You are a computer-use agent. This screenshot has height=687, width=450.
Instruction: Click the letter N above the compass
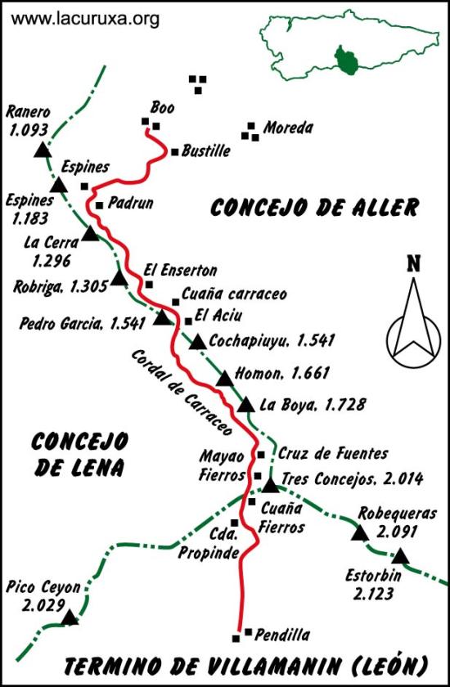click(x=413, y=263)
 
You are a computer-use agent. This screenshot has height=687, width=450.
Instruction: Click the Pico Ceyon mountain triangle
click(x=70, y=617)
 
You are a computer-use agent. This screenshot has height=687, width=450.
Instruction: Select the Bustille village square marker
click(x=174, y=151)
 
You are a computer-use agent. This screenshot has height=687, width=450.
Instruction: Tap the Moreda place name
click(x=288, y=128)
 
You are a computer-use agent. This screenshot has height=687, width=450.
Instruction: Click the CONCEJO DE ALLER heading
click(x=314, y=208)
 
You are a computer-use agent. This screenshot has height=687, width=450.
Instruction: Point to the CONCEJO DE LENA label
click(x=79, y=454)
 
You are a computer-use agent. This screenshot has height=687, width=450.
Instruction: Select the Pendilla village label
click(x=282, y=634)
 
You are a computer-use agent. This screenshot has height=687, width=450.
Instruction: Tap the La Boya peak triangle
click(x=245, y=405)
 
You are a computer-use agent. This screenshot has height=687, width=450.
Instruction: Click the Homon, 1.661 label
click(x=282, y=374)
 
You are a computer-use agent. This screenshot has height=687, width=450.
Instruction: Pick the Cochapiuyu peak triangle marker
click(x=198, y=342)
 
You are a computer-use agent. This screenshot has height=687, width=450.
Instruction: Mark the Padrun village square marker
click(x=99, y=205)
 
